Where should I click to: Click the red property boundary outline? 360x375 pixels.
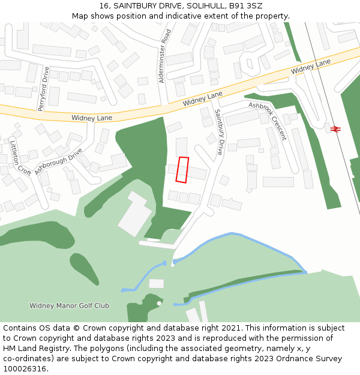pos(182,170)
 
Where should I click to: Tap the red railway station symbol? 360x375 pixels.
pos(335,128)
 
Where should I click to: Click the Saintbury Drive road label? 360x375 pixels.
pos(218,132)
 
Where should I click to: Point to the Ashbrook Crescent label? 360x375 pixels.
pos(268,121)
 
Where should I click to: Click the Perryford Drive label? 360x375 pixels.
pos(43,89)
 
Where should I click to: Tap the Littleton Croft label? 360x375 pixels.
pos(20,157)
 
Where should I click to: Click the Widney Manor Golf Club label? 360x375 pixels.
pos(69,305)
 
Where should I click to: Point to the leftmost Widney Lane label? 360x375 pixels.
pos(91,118)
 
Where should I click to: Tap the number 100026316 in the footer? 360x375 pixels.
pos(25,368)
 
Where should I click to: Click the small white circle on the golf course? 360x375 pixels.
pos(159,304)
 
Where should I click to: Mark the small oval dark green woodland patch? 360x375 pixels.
pos(84,269)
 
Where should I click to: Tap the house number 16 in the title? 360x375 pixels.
pos(103,6)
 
